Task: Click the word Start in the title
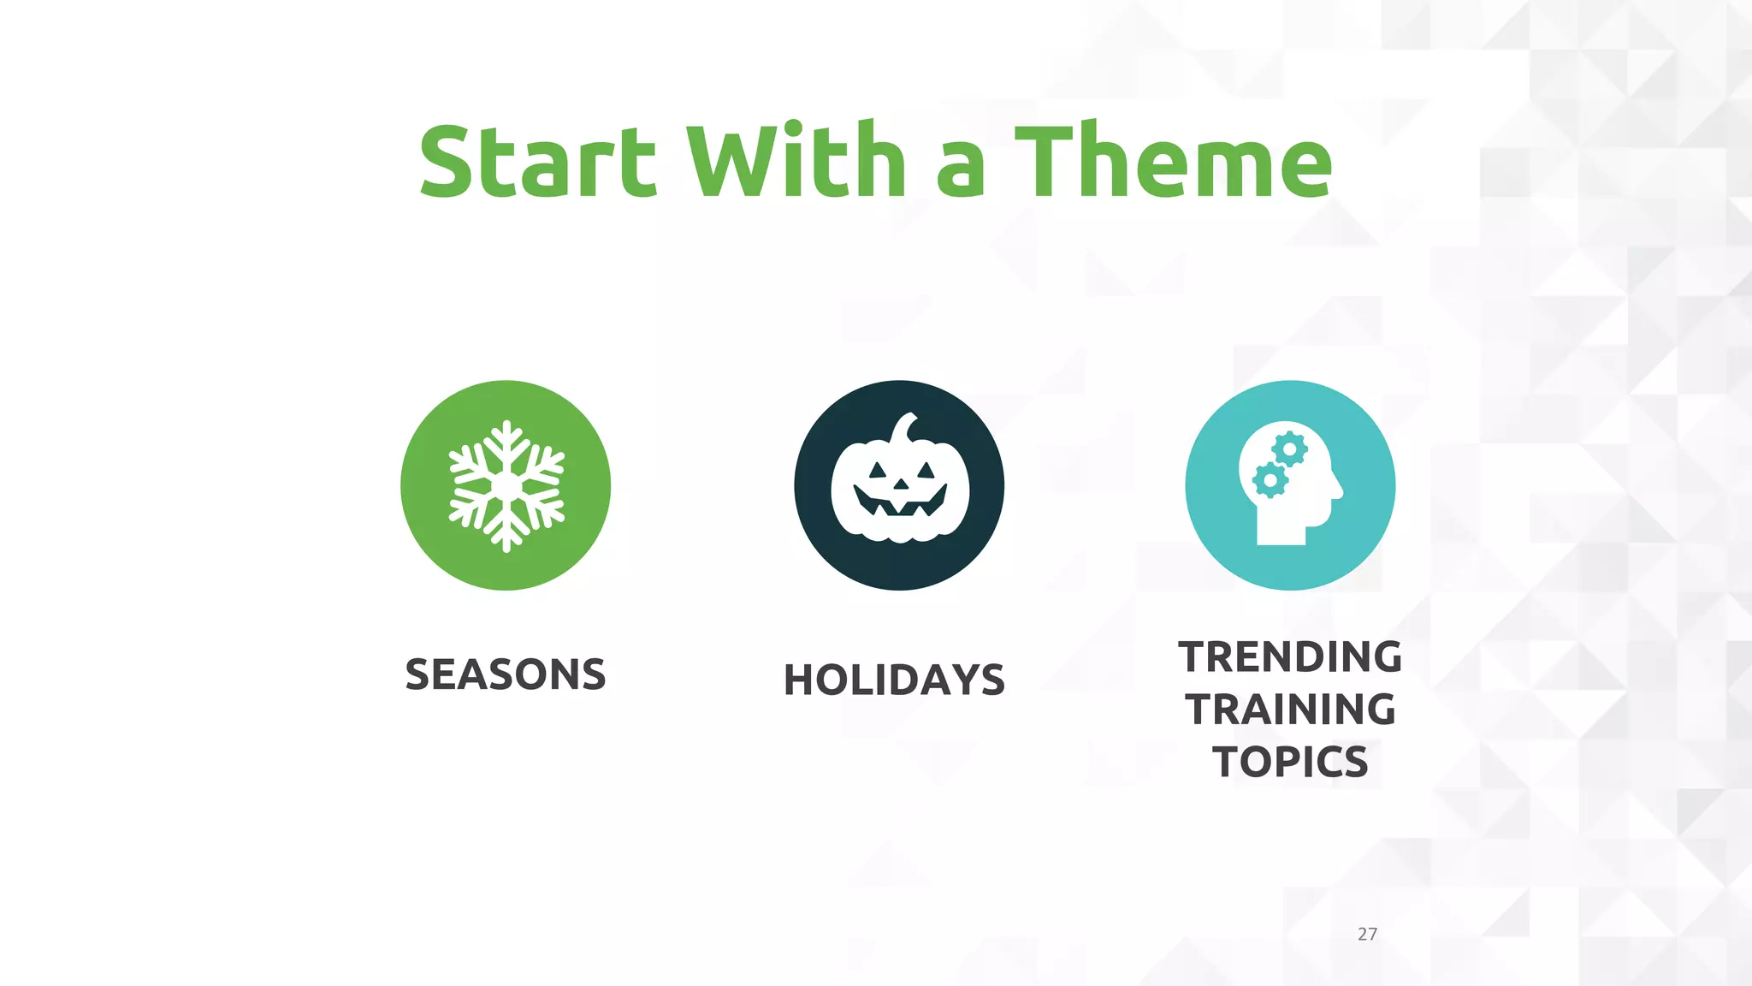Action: click(x=537, y=161)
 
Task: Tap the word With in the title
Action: click(x=796, y=161)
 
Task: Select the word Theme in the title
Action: click(x=1173, y=161)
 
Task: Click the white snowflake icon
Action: click(x=506, y=486)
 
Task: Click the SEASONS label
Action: click(x=506, y=674)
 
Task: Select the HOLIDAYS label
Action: click(x=894, y=680)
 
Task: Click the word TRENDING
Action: click(x=1290, y=657)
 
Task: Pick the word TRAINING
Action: click(x=1290, y=710)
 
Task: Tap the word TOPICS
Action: click(x=1290, y=762)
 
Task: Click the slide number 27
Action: click(x=1367, y=934)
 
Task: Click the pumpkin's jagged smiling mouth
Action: click(x=900, y=504)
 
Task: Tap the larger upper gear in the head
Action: click(x=1289, y=449)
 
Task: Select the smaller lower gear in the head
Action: click(x=1270, y=481)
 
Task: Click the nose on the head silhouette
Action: click(x=1338, y=490)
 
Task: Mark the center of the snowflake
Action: click(x=506, y=486)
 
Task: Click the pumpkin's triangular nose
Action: click(x=900, y=484)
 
